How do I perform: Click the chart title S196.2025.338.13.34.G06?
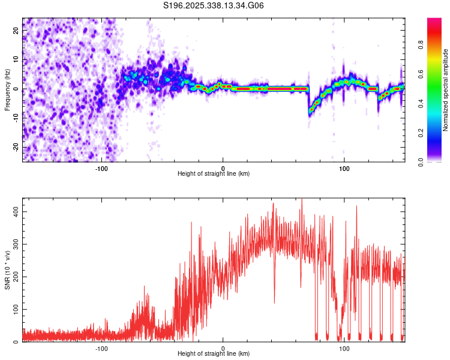click(214, 6)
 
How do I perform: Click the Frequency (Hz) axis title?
click(7, 90)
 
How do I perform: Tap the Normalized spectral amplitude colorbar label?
click(446, 90)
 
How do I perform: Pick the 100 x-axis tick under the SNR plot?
click(344, 348)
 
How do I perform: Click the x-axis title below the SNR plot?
click(214, 356)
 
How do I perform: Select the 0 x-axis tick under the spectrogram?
click(223, 168)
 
